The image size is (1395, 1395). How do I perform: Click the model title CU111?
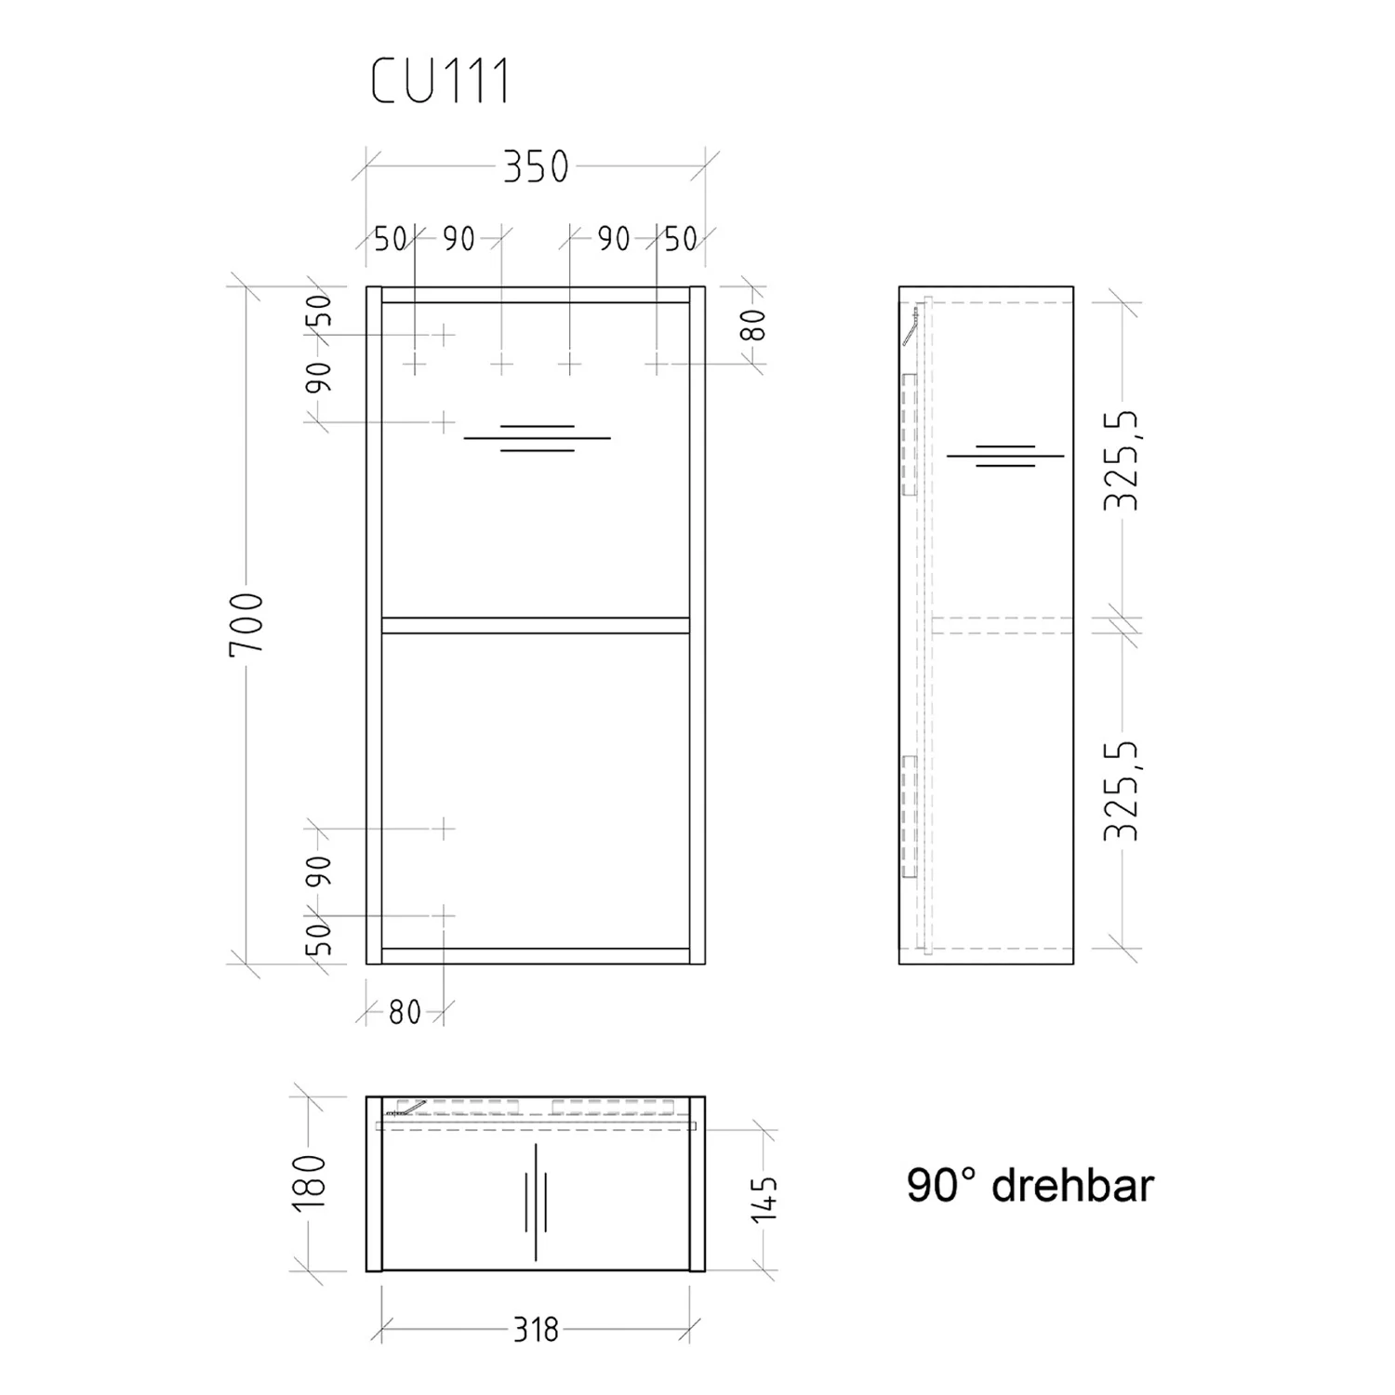tap(441, 82)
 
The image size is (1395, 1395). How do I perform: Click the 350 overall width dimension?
tap(535, 167)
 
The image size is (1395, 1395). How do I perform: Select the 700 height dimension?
tap(247, 623)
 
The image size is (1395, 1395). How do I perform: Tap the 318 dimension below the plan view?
tap(537, 1330)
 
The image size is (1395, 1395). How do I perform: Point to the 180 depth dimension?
tap(310, 1182)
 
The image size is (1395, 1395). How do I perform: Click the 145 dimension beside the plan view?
tap(763, 1199)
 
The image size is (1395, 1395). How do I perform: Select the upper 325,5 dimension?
tap(1122, 459)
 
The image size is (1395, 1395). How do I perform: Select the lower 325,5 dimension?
tap(1122, 790)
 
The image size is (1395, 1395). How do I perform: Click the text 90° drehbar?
tap(1030, 1186)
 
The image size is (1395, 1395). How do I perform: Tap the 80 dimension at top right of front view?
tap(754, 324)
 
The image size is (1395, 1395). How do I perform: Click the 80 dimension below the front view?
tap(405, 1012)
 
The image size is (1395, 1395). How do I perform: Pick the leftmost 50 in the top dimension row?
tap(391, 239)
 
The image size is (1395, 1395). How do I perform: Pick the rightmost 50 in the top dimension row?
tap(680, 239)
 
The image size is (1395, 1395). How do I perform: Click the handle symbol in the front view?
tap(537, 438)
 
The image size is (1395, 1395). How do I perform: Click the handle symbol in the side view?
tap(1005, 456)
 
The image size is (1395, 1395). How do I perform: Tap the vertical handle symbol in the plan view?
tap(536, 1202)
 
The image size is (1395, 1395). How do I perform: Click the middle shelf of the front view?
tap(535, 625)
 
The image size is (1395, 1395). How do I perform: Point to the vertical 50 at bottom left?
tap(319, 938)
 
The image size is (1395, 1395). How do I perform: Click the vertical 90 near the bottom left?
tap(319, 871)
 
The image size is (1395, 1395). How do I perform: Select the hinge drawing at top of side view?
tap(914, 325)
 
